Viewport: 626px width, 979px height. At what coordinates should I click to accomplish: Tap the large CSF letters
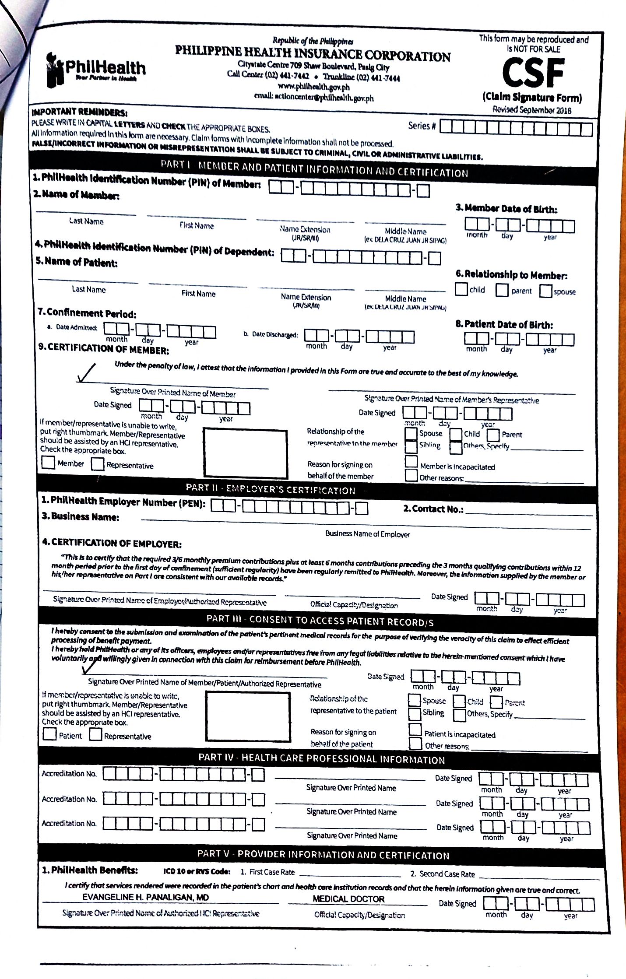533,73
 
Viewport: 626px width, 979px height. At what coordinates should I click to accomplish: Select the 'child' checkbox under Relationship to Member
461,289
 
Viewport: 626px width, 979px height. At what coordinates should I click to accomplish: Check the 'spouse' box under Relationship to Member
545,291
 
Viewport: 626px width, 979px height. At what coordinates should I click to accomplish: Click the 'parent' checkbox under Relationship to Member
502,290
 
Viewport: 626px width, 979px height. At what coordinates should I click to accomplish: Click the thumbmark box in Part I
246,453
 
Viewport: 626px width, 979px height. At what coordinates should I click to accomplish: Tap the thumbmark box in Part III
248,716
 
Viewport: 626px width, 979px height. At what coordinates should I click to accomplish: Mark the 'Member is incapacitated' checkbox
411,462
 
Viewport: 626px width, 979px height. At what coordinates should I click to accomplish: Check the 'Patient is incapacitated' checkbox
415,730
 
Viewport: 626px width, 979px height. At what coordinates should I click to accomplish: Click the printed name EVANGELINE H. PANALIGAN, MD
145,898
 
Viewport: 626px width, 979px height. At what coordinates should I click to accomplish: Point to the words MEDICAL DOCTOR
348,899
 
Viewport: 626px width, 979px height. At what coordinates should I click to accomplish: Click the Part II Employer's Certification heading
271,489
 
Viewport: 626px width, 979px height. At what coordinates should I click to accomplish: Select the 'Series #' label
422,126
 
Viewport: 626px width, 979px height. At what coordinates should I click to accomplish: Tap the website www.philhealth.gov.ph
313,87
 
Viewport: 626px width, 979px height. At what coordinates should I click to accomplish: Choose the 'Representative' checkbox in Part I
97,464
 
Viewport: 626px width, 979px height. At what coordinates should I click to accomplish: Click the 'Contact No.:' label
433,509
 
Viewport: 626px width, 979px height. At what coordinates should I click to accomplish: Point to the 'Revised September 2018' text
532,110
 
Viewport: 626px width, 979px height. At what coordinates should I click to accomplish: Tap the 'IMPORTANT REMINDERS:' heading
79,112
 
